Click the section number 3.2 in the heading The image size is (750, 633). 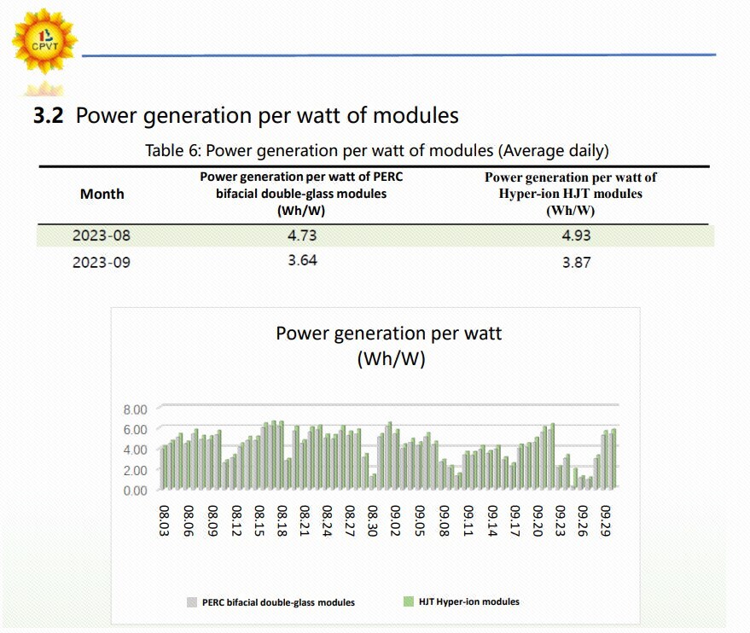click(48, 116)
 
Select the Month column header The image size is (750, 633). click(102, 194)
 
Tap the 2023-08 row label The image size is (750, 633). click(102, 235)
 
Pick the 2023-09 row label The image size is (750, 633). click(102, 262)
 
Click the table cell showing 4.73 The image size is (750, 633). click(302, 235)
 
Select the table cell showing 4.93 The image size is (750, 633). click(576, 235)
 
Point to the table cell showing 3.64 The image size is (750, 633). click(302, 260)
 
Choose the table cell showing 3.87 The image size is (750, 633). click(576, 263)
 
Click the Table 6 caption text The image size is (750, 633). click(376, 151)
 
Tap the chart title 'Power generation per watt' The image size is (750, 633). click(388, 334)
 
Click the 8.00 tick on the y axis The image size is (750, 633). click(136, 409)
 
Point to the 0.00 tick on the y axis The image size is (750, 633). click(136, 491)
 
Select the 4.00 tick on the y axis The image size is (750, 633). click(136, 450)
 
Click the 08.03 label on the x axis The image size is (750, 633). click(165, 519)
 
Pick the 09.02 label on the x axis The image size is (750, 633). click(396, 519)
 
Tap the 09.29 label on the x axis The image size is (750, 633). click(607, 519)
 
